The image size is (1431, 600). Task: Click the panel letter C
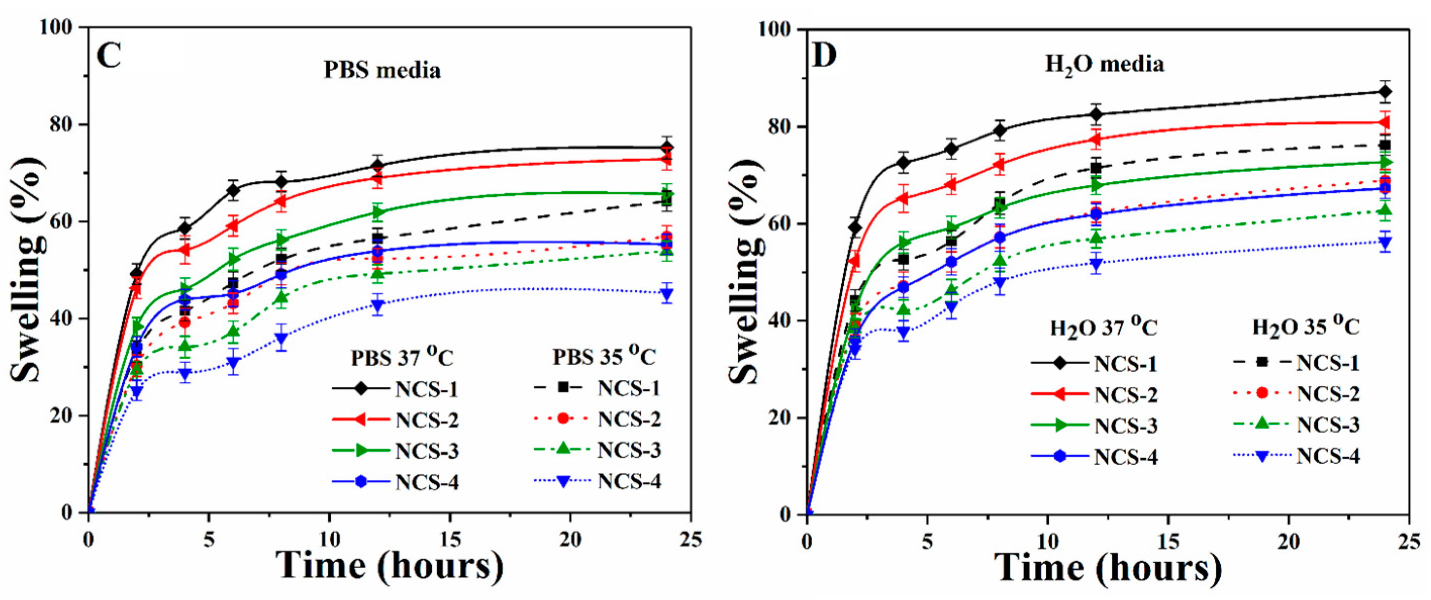pyautogui.click(x=109, y=56)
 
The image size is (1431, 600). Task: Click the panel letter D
pyautogui.click(x=825, y=56)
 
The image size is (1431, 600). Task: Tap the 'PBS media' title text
pyautogui.click(x=382, y=71)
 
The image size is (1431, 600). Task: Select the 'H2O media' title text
pyautogui.click(x=1104, y=65)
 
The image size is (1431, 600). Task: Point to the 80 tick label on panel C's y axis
pyautogui.click(x=61, y=124)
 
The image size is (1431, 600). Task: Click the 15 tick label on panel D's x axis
pyautogui.click(x=1168, y=541)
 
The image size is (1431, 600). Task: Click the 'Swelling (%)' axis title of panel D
pyautogui.click(x=744, y=272)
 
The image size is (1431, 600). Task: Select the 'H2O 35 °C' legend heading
pyautogui.click(x=1305, y=327)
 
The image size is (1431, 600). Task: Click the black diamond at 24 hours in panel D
pyautogui.click(x=1385, y=92)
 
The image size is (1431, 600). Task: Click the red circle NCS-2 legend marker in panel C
pyautogui.click(x=563, y=418)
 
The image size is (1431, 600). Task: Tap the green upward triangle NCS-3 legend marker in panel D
pyautogui.click(x=1262, y=424)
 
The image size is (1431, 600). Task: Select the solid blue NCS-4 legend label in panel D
pyautogui.click(x=1126, y=457)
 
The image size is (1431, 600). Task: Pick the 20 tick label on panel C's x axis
pyautogui.click(x=570, y=539)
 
